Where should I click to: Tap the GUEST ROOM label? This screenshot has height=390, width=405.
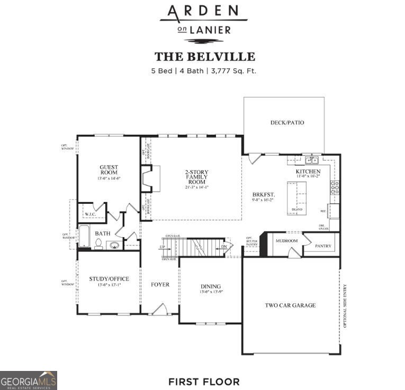[109, 170]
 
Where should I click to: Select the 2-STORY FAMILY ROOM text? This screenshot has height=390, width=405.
[196, 176]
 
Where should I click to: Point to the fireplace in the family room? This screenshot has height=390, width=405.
[150, 178]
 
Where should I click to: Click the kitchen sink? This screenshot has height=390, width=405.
[311, 160]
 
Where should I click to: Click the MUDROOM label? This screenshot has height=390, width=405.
[286, 241]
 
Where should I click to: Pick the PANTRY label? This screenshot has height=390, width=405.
[323, 246]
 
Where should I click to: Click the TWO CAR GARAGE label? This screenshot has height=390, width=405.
[290, 305]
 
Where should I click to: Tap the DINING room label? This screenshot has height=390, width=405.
[210, 286]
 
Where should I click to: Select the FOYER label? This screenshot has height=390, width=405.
[160, 285]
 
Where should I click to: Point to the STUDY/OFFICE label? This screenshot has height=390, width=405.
[109, 279]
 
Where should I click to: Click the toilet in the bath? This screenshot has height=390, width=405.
[98, 244]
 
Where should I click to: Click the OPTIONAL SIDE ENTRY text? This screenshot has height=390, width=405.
[345, 306]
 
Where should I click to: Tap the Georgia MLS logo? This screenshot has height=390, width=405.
[29, 380]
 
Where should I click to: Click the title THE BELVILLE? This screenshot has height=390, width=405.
[204, 57]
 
